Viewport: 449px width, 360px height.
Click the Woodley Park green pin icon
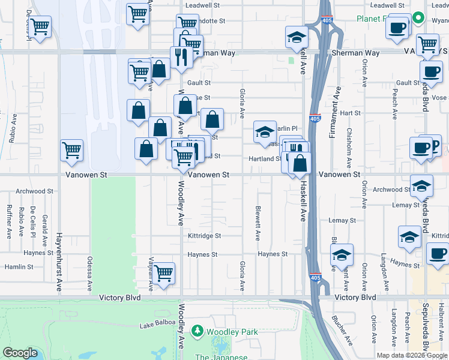click(197, 331)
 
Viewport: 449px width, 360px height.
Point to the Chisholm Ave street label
click(349, 145)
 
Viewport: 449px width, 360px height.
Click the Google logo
click(20, 353)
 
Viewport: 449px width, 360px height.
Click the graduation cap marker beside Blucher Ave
click(342, 256)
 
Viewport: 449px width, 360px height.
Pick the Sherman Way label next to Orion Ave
click(356, 53)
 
